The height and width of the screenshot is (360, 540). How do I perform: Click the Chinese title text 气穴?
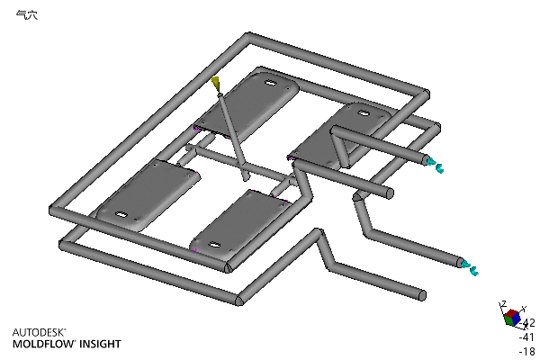pos(27,15)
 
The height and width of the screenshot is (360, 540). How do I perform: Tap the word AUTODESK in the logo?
pos(38,332)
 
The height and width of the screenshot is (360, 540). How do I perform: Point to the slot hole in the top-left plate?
pos(271,83)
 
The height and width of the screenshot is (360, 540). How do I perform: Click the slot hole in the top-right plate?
pos(364,112)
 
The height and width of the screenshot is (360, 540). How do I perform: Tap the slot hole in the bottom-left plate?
pos(121,215)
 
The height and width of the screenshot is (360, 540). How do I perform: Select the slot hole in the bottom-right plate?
pos(214,246)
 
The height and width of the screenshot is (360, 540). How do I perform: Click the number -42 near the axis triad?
pos(527,323)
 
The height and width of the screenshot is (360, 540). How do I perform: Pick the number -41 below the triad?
pos(526,337)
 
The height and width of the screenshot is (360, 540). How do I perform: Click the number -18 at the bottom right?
pos(526,351)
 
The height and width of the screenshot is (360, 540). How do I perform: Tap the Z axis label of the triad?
pos(503,303)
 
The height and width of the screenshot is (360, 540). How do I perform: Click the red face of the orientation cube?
pos(512,313)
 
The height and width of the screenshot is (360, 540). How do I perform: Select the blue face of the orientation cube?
pos(517,320)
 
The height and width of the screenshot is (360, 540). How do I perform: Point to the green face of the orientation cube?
pos(508,320)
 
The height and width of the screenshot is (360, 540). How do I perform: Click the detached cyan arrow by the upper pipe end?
pos(440,168)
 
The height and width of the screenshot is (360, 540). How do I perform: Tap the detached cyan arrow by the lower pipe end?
pos(474,271)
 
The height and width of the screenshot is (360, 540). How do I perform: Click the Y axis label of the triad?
pos(524,308)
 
